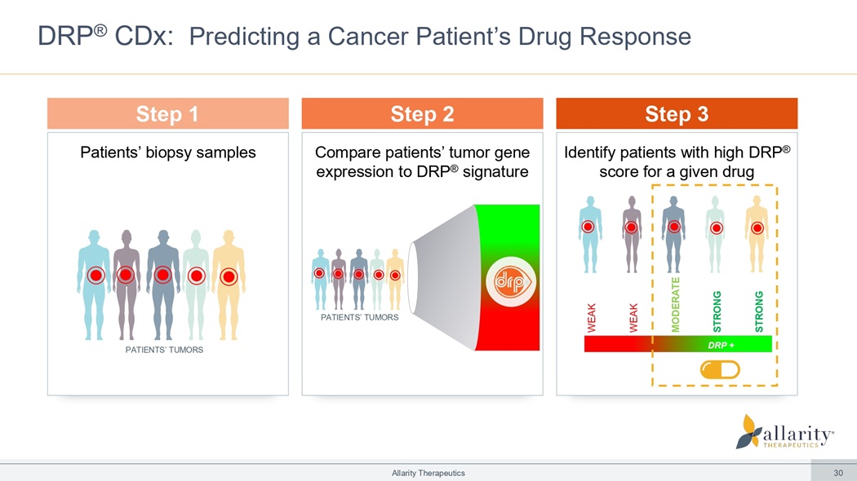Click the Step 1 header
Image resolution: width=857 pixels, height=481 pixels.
point(167,114)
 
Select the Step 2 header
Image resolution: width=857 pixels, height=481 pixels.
point(422,114)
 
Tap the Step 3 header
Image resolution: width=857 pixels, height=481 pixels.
point(676,114)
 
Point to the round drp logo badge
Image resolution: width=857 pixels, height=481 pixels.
point(504,282)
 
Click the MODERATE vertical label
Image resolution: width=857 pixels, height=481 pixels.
point(675,304)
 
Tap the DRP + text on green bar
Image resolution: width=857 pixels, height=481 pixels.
point(720,344)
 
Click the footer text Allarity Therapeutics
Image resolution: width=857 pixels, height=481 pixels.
point(428,473)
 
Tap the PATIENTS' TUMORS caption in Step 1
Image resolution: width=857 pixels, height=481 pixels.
point(164,350)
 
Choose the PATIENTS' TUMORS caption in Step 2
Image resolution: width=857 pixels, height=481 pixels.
point(359,317)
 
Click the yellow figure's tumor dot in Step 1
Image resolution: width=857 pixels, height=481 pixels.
point(229,276)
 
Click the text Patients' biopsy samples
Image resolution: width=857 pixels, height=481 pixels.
point(167,152)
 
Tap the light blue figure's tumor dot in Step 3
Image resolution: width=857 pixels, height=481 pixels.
point(588,227)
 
